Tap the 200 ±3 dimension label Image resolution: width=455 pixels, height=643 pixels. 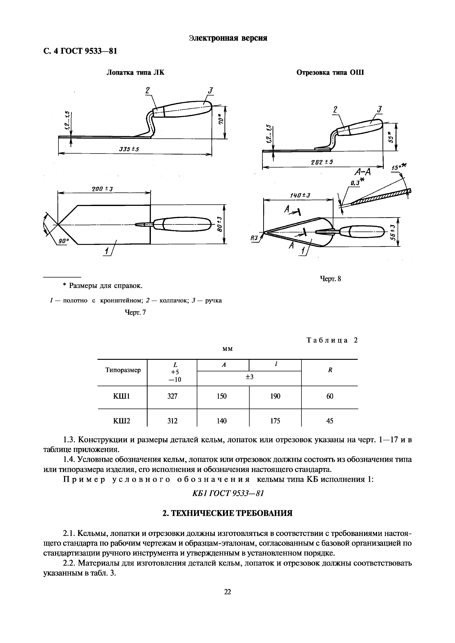(x=102, y=189)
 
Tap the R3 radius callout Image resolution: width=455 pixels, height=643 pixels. (x=254, y=238)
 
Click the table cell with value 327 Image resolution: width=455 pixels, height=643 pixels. (x=172, y=396)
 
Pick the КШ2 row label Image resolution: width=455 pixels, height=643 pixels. (x=122, y=421)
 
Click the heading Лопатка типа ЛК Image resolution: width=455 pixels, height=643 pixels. (x=136, y=73)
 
